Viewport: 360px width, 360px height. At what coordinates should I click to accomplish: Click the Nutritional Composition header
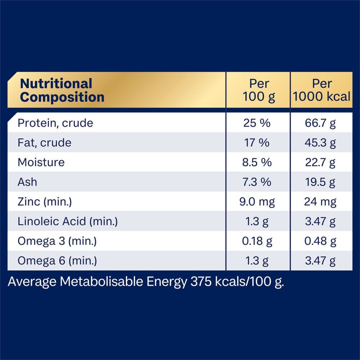pyautogui.click(x=62, y=90)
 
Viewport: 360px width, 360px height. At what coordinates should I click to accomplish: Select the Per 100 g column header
pyautogui.click(x=258, y=90)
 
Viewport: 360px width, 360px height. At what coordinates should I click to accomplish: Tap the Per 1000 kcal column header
pyautogui.click(x=321, y=90)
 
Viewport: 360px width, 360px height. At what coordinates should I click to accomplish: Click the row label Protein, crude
pyautogui.click(x=55, y=123)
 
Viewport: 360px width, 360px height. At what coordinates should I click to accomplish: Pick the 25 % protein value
pyautogui.click(x=257, y=123)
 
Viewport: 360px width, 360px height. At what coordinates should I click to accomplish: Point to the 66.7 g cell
pyautogui.click(x=320, y=123)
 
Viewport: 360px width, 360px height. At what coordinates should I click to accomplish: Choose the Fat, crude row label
pyautogui.click(x=44, y=143)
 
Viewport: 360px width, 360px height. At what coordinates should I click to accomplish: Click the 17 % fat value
pyautogui.click(x=257, y=143)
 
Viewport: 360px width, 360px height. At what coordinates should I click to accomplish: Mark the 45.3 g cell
pyautogui.click(x=320, y=143)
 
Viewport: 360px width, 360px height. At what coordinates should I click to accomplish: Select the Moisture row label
pyautogui.click(x=41, y=162)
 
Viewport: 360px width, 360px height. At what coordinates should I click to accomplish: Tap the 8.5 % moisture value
pyautogui.click(x=257, y=162)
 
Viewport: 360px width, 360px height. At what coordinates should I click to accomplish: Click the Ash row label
pyautogui.click(x=27, y=182)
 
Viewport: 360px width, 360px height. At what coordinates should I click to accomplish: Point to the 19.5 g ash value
pyautogui.click(x=320, y=182)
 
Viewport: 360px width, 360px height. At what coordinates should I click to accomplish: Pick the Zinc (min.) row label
pyautogui.click(x=45, y=202)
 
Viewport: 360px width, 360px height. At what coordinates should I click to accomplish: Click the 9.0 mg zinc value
pyautogui.click(x=257, y=202)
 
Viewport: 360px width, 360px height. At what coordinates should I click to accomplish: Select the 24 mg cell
pyautogui.click(x=320, y=202)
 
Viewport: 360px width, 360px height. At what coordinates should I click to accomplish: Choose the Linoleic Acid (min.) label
pyautogui.click(x=68, y=221)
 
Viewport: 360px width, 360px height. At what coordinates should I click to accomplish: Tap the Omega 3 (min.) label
pyautogui.click(x=57, y=241)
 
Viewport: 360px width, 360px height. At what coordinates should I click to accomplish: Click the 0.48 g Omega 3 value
pyautogui.click(x=320, y=241)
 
